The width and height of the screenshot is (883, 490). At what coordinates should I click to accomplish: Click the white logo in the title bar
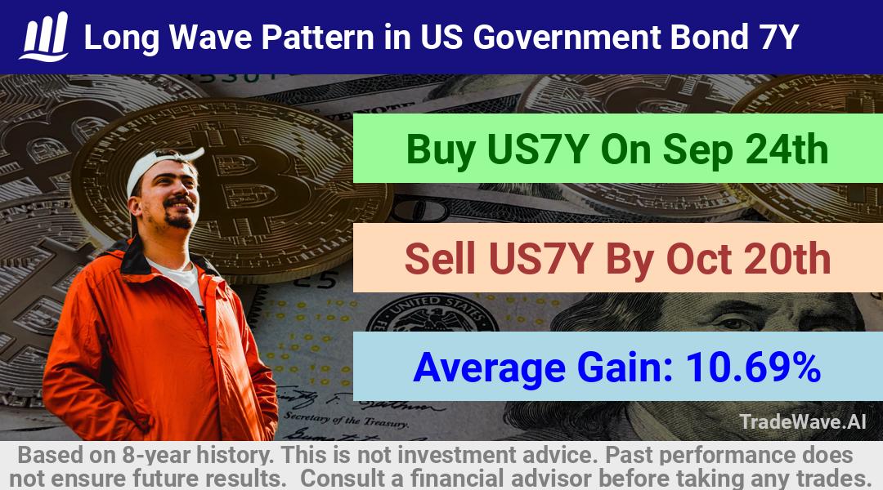pyautogui.click(x=44, y=37)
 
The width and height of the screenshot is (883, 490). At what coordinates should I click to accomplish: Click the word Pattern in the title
pyautogui.click(x=317, y=37)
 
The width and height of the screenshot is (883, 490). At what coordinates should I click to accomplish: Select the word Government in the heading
pyautogui.click(x=567, y=37)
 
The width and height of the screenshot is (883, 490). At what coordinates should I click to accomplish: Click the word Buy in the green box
pyautogui.click(x=441, y=150)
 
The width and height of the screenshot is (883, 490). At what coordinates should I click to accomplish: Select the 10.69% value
pyautogui.click(x=753, y=367)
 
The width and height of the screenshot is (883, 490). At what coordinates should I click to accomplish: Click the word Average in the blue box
pyautogui.click(x=490, y=368)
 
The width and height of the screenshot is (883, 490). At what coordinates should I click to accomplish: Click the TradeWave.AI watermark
pyautogui.click(x=803, y=421)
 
